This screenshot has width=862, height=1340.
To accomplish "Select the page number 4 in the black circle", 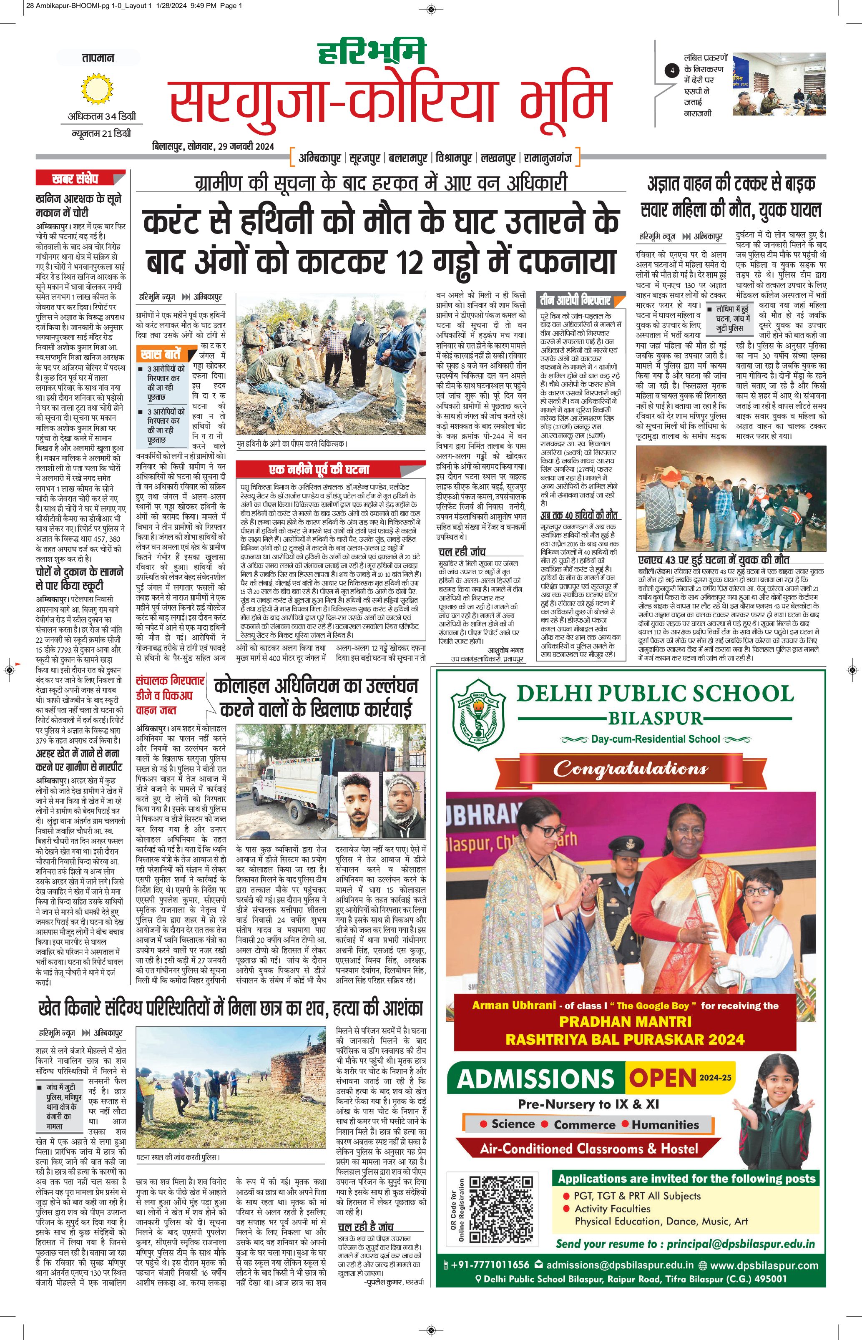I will [x=672, y=71].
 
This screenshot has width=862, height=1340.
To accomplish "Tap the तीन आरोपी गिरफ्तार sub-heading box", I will [x=575, y=300].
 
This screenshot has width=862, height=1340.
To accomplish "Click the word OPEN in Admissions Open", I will [x=662, y=1078].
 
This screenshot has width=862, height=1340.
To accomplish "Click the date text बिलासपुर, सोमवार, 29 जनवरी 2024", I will [x=213, y=146].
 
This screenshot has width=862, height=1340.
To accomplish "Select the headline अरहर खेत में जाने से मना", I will [x=78, y=753].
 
